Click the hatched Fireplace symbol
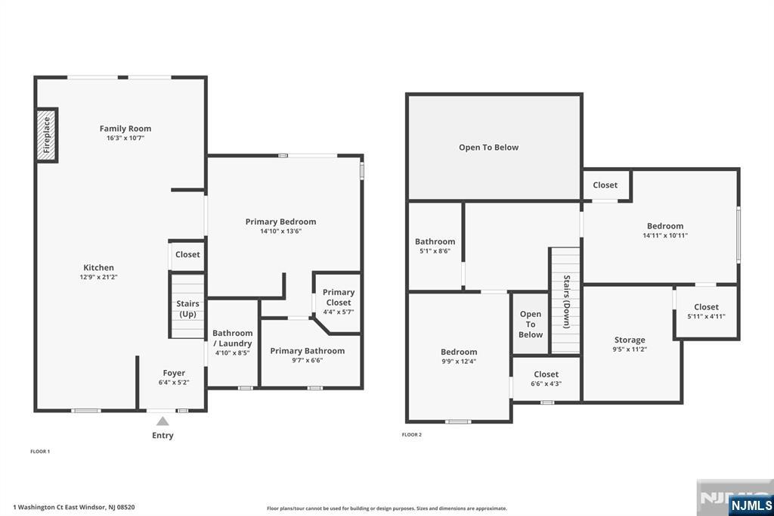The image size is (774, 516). pyautogui.click(x=47, y=135)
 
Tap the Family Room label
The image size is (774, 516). pyautogui.click(x=125, y=129)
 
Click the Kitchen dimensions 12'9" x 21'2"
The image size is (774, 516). pyautogui.click(x=98, y=277)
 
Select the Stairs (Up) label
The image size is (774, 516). pyautogui.click(x=187, y=309)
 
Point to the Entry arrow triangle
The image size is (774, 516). pyautogui.click(x=163, y=421)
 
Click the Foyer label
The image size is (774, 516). pyautogui.click(x=174, y=372)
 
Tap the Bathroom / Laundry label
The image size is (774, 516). pyautogui.click(x=232, y=338)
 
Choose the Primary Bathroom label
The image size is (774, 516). pyautogui.click(x=307, y=350)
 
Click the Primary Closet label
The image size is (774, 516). pyautogui.click(x=338, y=297)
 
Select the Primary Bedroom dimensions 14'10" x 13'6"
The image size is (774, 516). pyautogui.click(x=280, y=232)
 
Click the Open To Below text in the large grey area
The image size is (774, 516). pyautogui.click(x=488, y=148)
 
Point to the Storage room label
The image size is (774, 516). pyautogui.click(x=630, y=340)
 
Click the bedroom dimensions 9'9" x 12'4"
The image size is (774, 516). pyautogui.click(x=459, y=362)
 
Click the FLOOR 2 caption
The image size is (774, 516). pyautogui.click(x=412, y=435)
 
